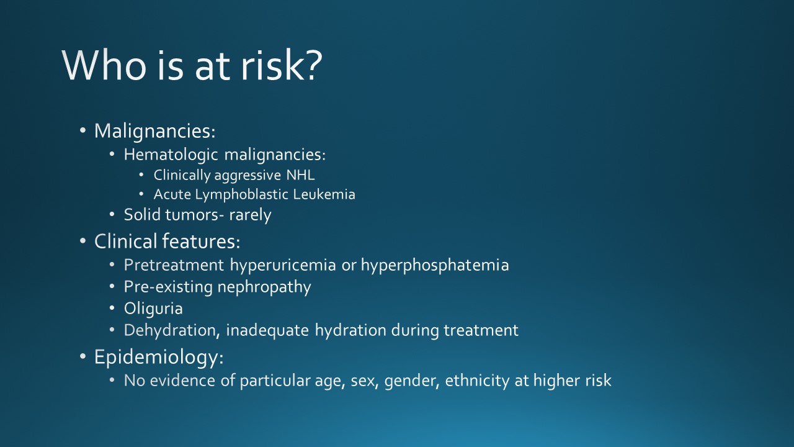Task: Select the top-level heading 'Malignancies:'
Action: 154,132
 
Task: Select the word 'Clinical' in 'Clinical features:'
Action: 126,242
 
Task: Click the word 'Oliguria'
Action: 153,308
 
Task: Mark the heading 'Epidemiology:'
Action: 159,357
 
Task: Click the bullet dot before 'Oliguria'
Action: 112,308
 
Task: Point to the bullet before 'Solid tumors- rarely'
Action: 112,215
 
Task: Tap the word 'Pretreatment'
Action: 174,266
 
